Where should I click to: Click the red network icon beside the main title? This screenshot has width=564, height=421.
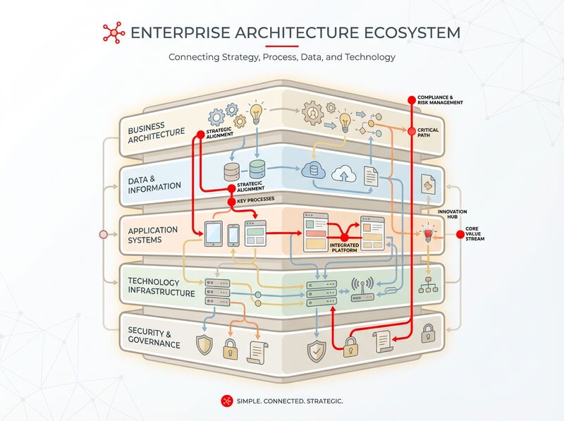tap(113, 33)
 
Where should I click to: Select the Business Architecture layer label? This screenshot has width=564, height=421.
tap(156, 131)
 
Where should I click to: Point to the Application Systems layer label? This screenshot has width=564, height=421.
tap(154, 234)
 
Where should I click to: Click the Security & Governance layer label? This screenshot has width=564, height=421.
tap(154, 337)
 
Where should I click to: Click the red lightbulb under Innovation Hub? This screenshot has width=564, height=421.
tap(427, 235)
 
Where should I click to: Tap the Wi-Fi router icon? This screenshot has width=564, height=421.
tap(362, 289)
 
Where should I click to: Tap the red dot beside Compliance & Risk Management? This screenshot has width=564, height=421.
tap(411, 98)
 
